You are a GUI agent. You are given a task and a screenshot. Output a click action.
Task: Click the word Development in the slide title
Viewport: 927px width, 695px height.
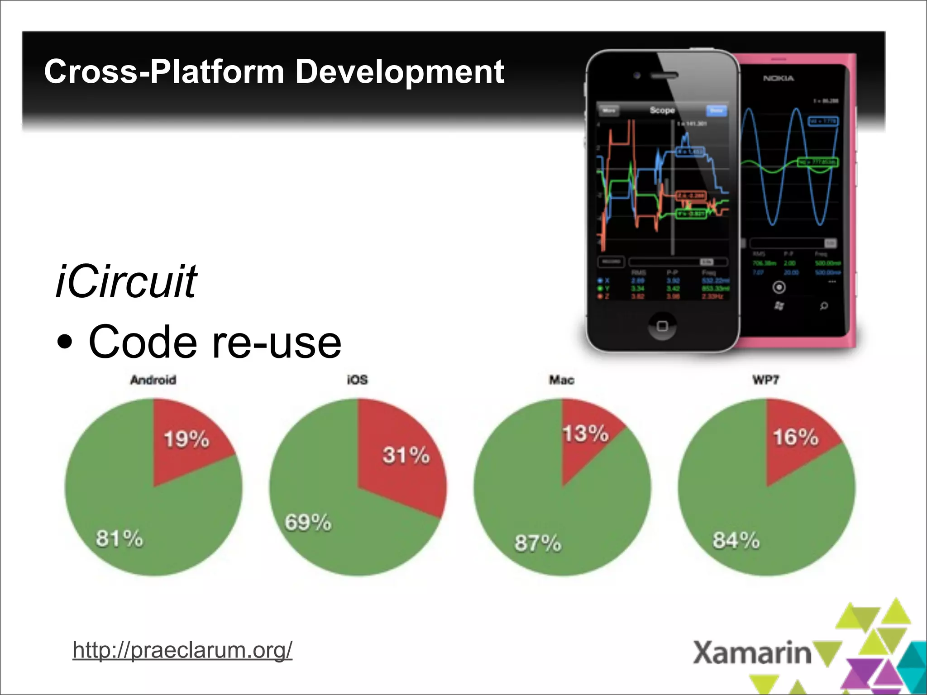[399, 72]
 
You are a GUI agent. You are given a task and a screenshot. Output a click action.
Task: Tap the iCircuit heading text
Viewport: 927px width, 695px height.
[126, 281]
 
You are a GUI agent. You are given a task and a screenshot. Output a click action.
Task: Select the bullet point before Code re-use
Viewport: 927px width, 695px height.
[65, 343]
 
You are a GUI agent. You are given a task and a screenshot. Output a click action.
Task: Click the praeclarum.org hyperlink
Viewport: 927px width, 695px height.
[182, 650]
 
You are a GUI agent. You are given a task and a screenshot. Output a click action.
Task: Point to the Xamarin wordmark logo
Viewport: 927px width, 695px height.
[752, 653]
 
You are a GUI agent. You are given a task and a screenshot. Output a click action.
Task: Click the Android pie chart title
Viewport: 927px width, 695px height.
[153, 380]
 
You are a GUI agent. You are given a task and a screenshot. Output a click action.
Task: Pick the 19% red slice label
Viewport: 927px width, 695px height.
[186, 439]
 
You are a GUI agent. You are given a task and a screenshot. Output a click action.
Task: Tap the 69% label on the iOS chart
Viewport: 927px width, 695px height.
[308, 522]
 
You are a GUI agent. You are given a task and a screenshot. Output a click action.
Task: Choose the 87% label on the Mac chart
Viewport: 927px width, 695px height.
[537, 543]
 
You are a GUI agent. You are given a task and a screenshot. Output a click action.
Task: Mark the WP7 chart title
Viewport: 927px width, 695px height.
[765, 380]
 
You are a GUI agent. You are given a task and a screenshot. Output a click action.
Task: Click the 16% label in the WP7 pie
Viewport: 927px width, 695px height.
[795, 437]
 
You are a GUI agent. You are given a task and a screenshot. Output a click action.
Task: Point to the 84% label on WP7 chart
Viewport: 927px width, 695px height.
[736, 540]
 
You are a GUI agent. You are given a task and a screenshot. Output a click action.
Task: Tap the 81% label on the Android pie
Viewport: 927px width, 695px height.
[119, 538]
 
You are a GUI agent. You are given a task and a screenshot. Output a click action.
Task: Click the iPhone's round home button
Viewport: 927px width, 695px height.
[662, 326]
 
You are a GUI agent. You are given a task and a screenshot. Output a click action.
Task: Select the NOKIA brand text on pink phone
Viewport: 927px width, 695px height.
[778, 79]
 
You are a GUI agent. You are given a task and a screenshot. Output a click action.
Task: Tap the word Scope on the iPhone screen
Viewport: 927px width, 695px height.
[662, 110]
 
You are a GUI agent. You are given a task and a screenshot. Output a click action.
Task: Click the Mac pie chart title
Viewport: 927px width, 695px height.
[562, 380]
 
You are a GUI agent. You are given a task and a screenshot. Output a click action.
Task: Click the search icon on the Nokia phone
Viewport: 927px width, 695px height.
[824, 306]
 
